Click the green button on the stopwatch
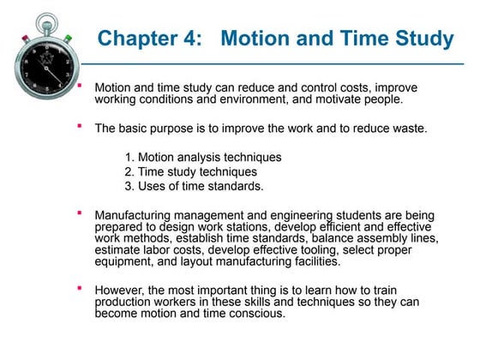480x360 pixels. [x=68, y=37]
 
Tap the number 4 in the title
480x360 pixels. [x=196, y=39]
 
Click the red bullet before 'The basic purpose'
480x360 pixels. [x=79, y=126]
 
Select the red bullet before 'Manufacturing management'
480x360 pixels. [x=79, y=211]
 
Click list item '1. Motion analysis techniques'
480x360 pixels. [x=202, y=157]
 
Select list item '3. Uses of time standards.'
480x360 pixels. [x=194, y=184]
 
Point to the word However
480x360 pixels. [x=119, y=291]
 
